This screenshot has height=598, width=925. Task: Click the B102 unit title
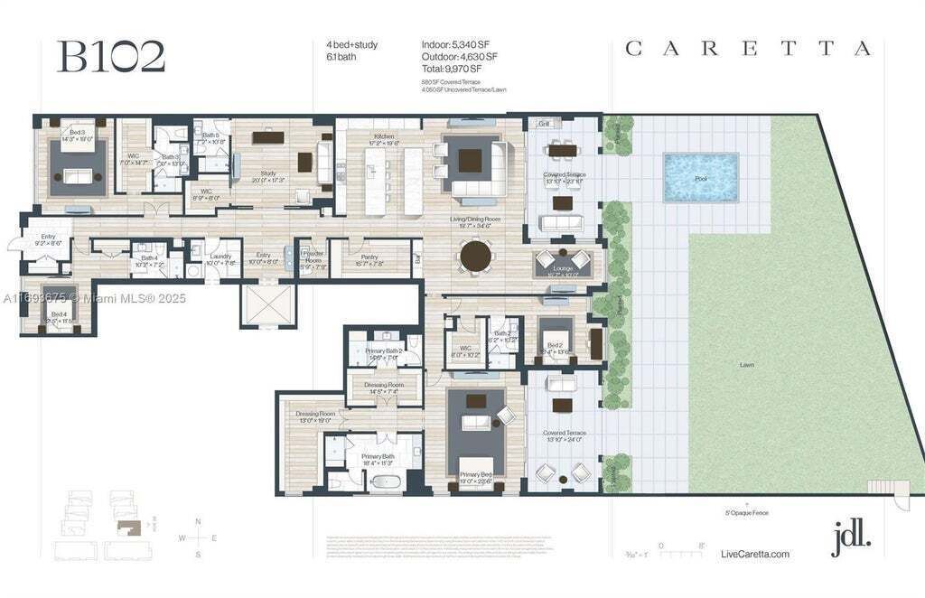click(x=111, y=56)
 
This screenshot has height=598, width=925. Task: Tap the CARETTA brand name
click(x=749, y=49)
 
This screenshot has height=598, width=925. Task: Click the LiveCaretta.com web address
click(x=756, y=554)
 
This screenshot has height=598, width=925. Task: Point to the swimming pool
click(x=700, y=177)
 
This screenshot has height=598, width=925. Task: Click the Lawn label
click(x=746, y=365)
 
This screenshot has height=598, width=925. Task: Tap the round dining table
click(x=478, y=256)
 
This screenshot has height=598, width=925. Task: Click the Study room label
click(x=267, y=174)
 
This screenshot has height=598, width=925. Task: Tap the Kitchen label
click(x=385, y=138)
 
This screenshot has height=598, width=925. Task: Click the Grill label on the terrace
click(x=544, y=124)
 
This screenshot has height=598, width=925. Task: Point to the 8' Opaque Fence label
click(x=747, y=512)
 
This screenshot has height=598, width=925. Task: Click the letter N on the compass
click(x=198, y=521)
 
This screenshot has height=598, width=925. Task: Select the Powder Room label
click(x=313, y=258)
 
